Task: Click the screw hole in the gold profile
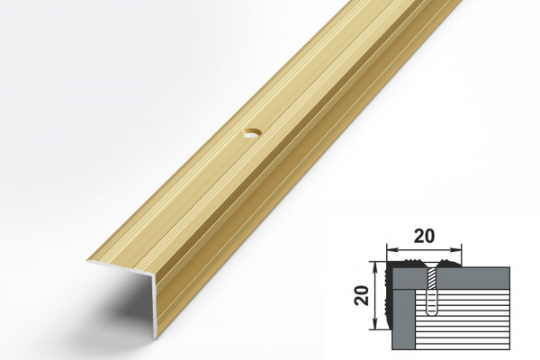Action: pos(252,133)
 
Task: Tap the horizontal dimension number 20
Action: pos(424,237)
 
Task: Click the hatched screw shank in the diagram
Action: pos(431,279)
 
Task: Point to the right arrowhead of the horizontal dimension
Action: pos(456,249)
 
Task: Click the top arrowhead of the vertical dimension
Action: pos(376,266)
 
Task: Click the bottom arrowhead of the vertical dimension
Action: pos(376,325)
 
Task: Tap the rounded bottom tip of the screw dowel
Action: pos(431,314)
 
